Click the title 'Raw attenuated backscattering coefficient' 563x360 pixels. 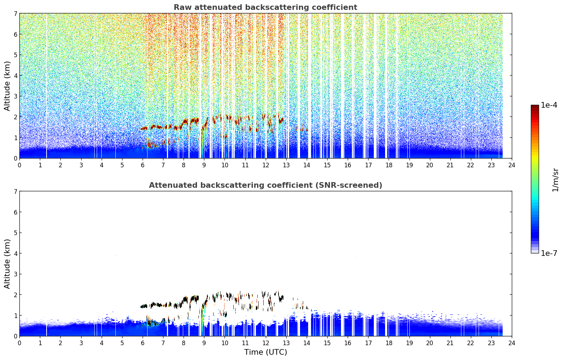[x=265, y=7]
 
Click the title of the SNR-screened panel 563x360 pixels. [x=265, y=185]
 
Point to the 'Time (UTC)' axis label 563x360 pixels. [x=265, y=352]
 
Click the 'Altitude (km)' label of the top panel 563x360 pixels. [x=7, y=86]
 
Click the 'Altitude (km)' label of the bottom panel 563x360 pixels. [x=7, y=264]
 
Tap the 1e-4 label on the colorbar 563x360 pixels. [x=549, y=105]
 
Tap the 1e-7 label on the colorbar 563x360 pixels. [x=549, y=253]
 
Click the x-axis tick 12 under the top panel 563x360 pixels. [x=266, y=165]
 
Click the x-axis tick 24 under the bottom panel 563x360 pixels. [x=512, y=343]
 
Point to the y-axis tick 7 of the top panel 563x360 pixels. [x=15, y=13]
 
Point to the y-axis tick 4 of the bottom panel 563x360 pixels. [x=15, y=253]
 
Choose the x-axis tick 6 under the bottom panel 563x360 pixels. [x=143, y=343]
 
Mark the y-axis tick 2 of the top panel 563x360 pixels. [x=15, y=117]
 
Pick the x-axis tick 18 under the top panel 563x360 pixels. [x=389, y=165]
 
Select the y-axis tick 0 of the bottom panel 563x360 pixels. [x=15, y=336]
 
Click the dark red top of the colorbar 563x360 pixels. [x=535, y=107]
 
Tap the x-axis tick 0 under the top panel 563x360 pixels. [x=20, y=165]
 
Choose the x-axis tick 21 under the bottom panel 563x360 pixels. [x=450, y=343]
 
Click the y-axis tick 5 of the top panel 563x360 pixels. [x=15, y=55]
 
